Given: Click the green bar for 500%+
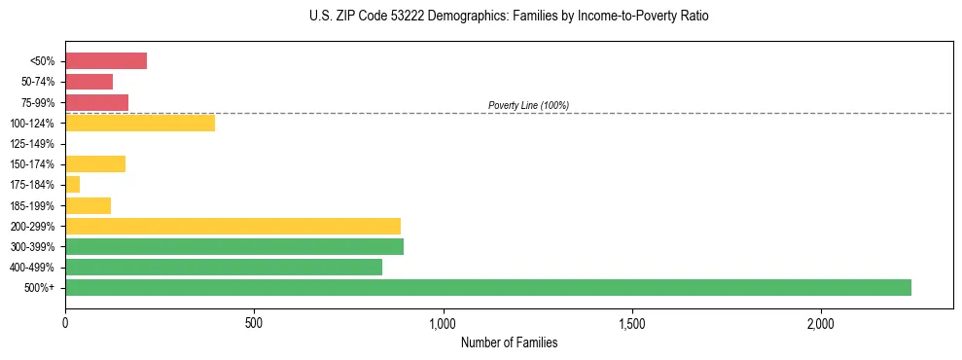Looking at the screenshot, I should [x=488, y=287].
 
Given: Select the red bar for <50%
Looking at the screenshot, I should [x=106, y=61].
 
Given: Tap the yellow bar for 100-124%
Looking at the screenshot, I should [x=140, y=123].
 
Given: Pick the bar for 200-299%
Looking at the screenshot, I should [x=232, y=226].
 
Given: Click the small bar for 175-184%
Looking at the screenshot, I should [x=73, y=185].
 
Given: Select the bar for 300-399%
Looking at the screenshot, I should [x=234, y=246].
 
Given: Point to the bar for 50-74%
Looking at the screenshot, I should [x=89, y=82].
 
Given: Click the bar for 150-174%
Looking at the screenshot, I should [x=95, y=164].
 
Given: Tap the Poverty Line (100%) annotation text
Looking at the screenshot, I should [x=528, y=105].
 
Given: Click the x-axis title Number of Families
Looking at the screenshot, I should [x=509, y=342].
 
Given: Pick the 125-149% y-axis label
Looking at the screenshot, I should [x=33, y=144].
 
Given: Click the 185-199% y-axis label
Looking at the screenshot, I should [x=33, y=205].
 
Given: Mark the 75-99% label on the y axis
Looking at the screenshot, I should [x=37, y=102].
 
